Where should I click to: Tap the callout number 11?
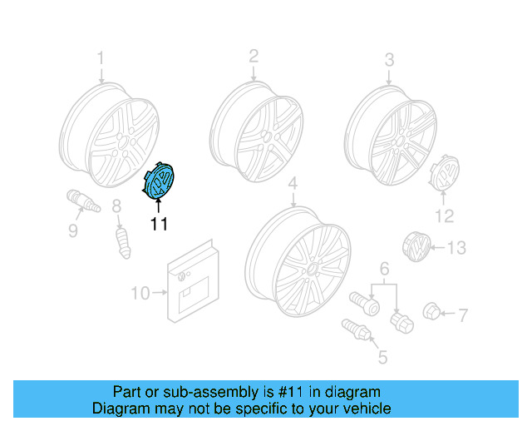click(159, 223)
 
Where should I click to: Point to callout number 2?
click(254, 56)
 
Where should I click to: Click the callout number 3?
click(389, 59)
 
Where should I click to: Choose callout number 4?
click(293, 183)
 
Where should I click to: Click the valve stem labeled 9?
click(82, 203)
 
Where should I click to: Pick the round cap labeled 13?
click(416, 247)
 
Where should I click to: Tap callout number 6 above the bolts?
click(384, 268)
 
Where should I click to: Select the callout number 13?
click(457, 247)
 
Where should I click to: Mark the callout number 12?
click(445, 216)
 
